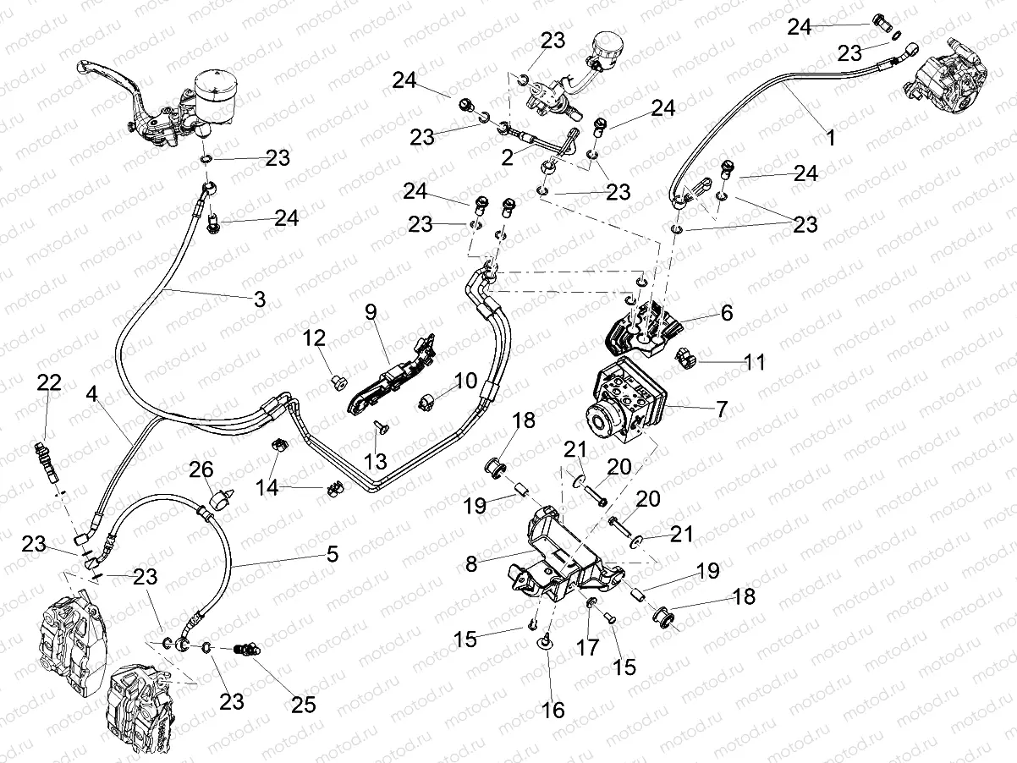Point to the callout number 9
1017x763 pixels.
click(x=370, y=310)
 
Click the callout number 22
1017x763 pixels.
click(x=48, y=383)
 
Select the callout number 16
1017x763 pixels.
click(x=554, y=709)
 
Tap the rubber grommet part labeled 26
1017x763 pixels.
click(x=222, y=501)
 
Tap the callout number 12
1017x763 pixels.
click(x=315, y=339)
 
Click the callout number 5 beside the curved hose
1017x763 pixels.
click(x=333, y=554)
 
